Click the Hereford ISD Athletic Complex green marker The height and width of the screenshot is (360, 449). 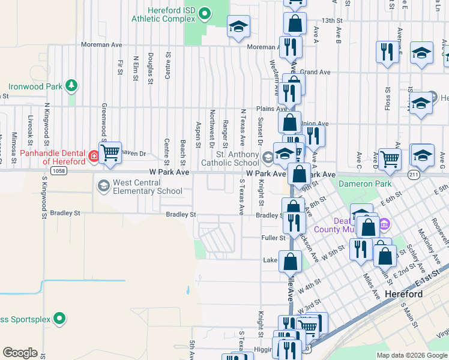point(204,12)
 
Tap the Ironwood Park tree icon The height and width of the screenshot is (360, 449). point(71,86)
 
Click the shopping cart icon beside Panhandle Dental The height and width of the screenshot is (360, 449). point(110,153)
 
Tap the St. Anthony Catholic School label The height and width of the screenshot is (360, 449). point(230,158)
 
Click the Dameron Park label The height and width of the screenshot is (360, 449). point(365,184)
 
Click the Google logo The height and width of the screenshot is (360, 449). point(19,353)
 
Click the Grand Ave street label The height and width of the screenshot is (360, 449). point(316,72)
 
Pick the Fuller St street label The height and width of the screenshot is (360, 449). point(274,238)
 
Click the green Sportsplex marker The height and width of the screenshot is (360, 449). point(59,318)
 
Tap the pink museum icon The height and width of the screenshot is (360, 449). point(385,225)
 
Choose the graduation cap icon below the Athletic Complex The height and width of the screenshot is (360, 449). point(238,26)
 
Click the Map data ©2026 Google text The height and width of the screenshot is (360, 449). point(411,355)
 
